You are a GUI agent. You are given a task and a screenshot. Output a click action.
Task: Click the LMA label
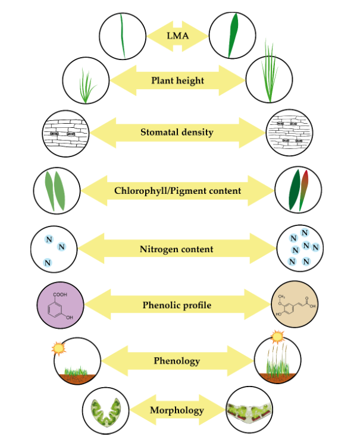178,36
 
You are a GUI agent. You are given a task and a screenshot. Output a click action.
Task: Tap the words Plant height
177,80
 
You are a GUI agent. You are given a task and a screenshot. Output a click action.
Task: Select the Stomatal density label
177,132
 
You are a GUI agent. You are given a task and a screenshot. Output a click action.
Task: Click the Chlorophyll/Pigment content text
177,191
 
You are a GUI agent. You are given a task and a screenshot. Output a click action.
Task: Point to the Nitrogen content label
178,249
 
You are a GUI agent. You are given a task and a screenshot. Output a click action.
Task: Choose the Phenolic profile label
177,306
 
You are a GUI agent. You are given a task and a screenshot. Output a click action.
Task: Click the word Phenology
177,360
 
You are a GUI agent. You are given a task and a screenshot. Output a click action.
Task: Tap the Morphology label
177,410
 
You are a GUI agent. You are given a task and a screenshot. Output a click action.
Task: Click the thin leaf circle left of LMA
122,35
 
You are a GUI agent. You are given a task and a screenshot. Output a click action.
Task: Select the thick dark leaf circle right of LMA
233,35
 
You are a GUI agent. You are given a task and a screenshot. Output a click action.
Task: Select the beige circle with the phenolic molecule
295,306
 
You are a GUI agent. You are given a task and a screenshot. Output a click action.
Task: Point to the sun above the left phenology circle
60,348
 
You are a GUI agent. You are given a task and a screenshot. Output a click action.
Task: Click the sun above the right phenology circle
277,337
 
